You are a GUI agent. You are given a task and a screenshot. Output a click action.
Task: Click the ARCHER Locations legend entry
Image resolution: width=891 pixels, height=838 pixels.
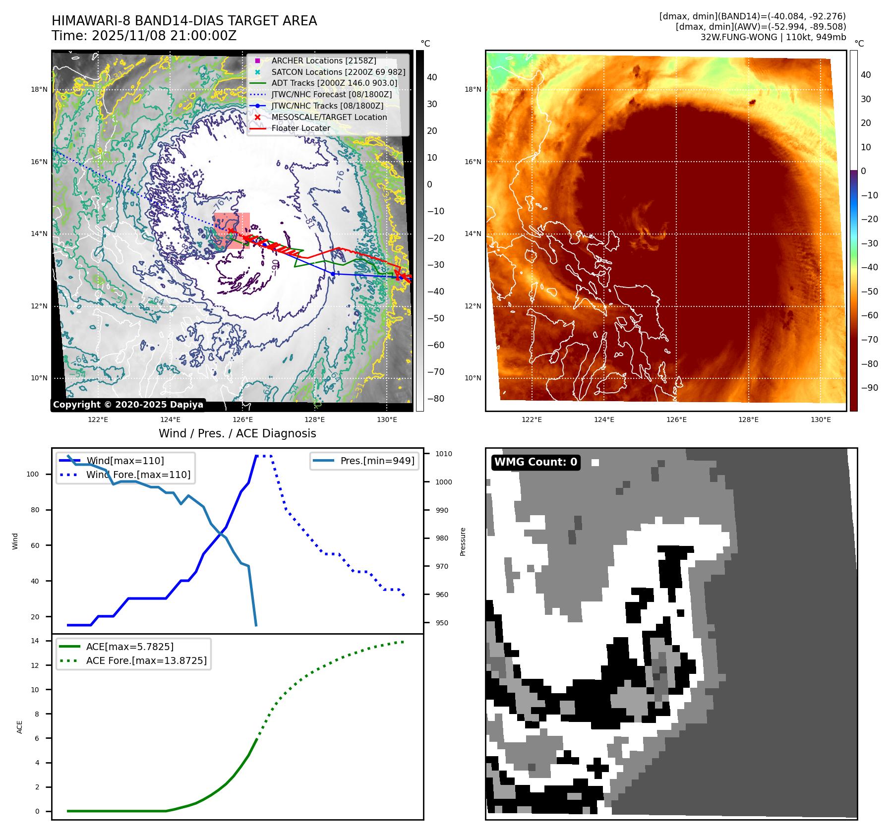[x=323, y=60]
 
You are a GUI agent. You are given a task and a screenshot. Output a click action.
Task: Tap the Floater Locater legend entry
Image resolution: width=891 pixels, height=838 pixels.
[x=300, y=128]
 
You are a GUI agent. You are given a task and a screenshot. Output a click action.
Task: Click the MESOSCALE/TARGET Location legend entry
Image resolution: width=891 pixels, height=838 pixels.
[x=329, y=117]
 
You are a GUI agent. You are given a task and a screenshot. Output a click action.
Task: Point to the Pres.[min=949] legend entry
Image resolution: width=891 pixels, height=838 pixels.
[x=377, y=461]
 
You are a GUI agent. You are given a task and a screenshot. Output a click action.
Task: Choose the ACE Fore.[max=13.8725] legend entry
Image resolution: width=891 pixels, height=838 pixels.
[x=146, y=660]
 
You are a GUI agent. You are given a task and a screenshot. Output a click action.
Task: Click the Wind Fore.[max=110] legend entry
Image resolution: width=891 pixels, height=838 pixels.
[x=138, y=475]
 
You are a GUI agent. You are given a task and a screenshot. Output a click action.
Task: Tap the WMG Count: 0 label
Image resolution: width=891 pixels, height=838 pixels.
[x=535, y=462]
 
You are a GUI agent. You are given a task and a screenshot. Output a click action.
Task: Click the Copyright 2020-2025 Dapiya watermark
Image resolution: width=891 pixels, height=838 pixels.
[x=128, y=405]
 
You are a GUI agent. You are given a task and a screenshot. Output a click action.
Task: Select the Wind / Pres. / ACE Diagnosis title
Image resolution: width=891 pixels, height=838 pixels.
[x=237, y=433]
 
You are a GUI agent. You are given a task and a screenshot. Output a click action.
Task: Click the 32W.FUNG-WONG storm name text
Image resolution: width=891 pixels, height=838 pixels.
[x=738, y=37]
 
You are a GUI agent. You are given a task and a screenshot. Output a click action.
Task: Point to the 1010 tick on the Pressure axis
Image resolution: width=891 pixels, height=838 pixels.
[x=443, y=454]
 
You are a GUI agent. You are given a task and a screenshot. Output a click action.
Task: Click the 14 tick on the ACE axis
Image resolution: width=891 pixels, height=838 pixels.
[x=35, y=641]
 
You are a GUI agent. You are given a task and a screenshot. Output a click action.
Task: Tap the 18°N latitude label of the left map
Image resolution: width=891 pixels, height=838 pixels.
[x=39, y=90]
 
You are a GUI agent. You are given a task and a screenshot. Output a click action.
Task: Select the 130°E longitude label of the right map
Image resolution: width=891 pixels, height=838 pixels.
[x=821, y=419]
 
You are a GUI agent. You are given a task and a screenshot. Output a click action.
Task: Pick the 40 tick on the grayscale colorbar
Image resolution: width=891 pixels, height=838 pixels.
[x=432, y=77]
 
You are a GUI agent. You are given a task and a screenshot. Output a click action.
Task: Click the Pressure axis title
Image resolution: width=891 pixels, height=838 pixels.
[x=463, y=541]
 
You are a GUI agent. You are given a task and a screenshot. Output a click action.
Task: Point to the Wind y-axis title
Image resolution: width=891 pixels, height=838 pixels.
[x=15, y=541]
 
